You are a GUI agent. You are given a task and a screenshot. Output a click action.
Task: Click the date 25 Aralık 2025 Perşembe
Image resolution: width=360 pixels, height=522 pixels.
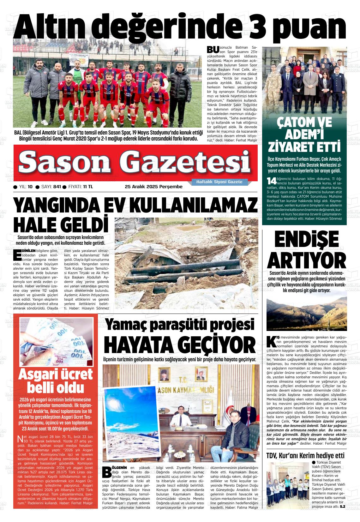[x=154, y=187]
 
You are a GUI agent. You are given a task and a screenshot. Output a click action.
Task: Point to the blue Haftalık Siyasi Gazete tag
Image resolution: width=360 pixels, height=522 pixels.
[x=219, y=182]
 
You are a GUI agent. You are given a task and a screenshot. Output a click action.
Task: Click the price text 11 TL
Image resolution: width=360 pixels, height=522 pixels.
[x=88, y=187]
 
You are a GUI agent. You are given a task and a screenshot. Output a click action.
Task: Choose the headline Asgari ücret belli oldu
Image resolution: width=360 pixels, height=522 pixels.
[x=56, y=381]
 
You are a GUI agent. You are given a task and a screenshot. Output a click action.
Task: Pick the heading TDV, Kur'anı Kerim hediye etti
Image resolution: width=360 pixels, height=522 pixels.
[x=305, y=455]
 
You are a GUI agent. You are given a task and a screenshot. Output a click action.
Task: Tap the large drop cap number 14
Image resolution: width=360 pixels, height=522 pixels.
[x=271, y=181]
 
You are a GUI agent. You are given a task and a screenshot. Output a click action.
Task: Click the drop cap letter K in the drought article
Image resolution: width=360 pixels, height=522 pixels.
[x=271, y=341]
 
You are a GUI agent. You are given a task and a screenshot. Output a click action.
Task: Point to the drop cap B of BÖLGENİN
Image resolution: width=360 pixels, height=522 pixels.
[x=107, y=472]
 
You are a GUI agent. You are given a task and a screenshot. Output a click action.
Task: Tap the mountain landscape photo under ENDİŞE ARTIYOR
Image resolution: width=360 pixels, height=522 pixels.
[x=307, y=312]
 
